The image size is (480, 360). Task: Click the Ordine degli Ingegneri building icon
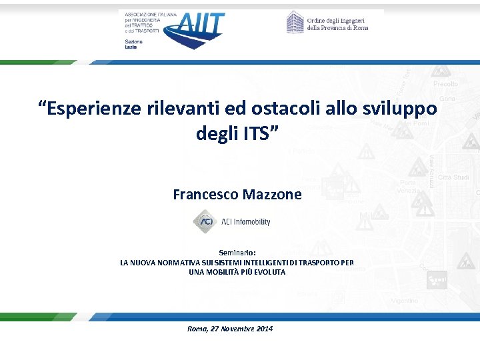tap(295, 23)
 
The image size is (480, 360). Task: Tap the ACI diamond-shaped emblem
tap(203, 221)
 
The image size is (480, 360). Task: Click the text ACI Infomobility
tap(246, 222)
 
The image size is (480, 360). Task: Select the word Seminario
tap(237, 253)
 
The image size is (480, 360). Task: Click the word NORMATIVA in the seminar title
tap(180, 263)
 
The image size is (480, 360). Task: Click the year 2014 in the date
tap(263, 329)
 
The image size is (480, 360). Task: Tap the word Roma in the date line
tap(197, 329)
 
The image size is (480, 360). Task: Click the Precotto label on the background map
tap(445, 84)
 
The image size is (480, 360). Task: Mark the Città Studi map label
tap(453, 177)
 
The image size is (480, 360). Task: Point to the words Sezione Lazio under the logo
tap(133, 45)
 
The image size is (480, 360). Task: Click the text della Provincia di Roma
tap(337, 28)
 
